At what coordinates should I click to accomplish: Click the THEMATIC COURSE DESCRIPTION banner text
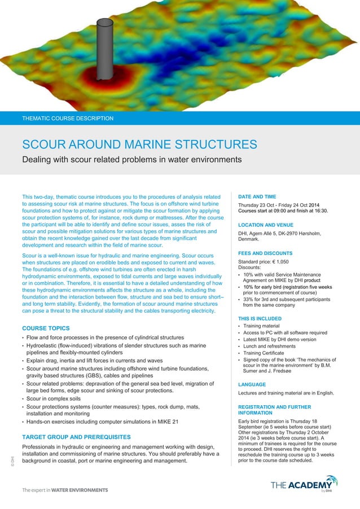68,119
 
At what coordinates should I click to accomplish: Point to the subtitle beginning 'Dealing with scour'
131,160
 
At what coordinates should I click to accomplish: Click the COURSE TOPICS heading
46,328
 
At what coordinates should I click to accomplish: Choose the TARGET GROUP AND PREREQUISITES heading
76,437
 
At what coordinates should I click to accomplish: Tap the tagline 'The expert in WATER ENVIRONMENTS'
65,490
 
